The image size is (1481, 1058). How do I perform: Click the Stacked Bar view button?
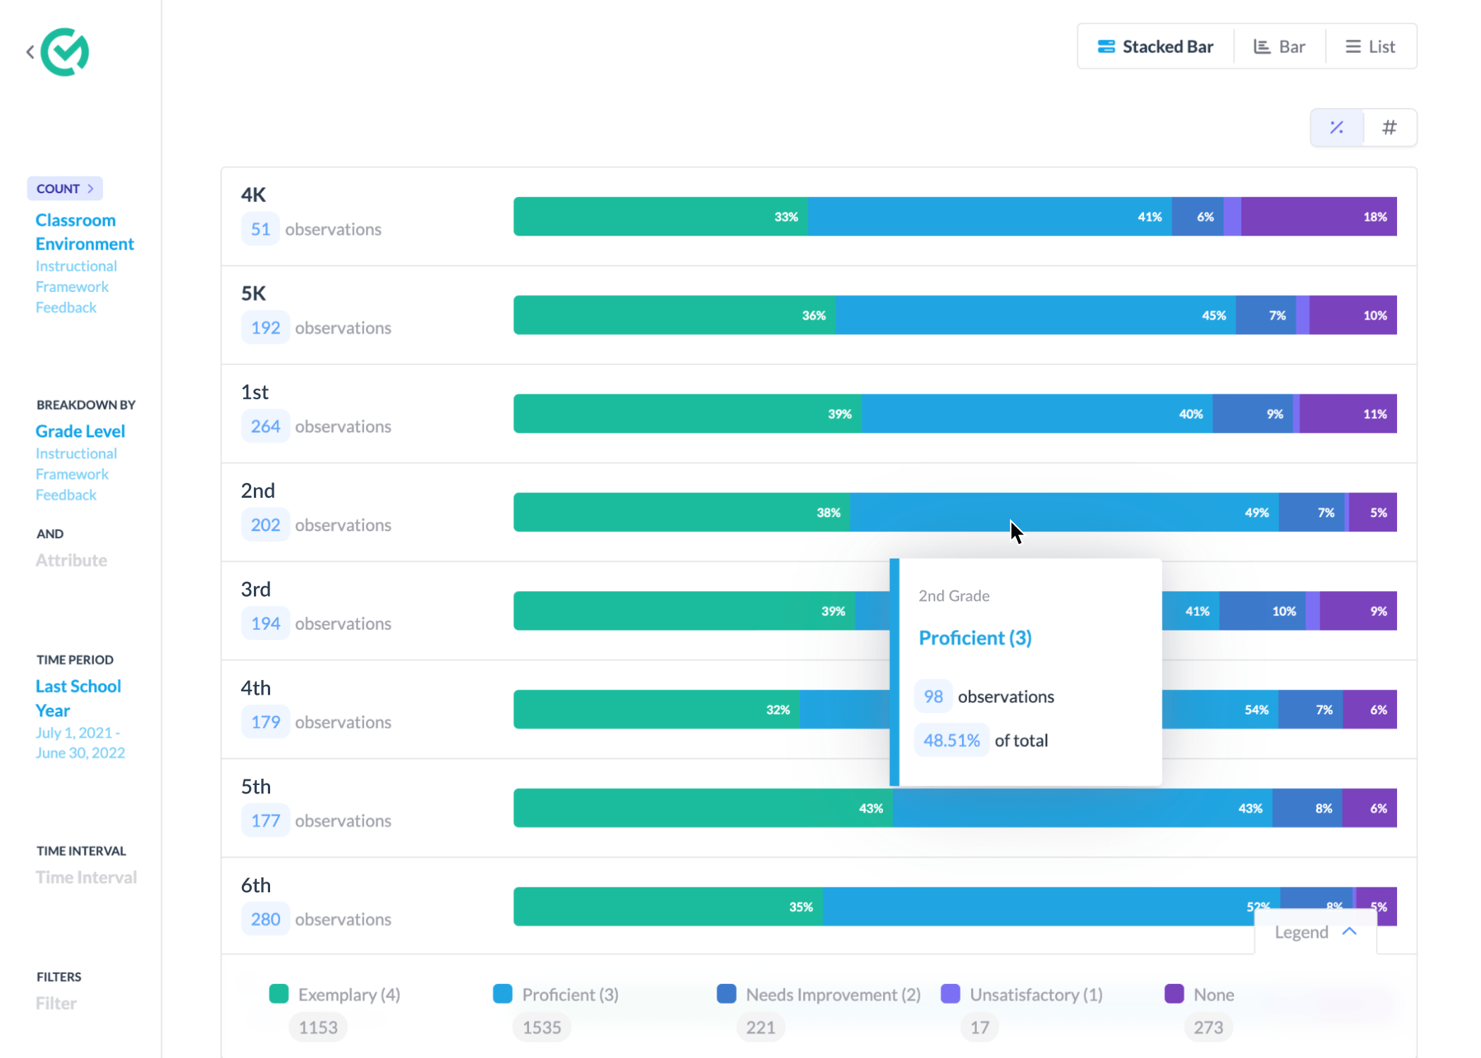point(1155,47)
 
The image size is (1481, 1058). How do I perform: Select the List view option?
point(1370,47)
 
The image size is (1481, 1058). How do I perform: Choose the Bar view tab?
point(1279,47)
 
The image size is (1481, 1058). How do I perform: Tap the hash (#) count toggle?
point(1389,128)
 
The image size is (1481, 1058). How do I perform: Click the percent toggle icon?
point(1336,128)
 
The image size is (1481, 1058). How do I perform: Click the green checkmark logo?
point(65,52)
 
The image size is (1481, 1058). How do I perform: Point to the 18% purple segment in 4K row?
point(1319,217)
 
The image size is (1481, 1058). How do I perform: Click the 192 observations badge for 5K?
point(265,328)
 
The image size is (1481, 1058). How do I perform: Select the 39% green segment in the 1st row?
point(688,414)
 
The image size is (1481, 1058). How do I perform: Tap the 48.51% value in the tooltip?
point(951,741)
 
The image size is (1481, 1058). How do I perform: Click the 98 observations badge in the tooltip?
point(933,697)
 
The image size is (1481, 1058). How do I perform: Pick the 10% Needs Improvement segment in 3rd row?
point(1262,612)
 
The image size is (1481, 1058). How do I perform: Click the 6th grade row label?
point(256,885)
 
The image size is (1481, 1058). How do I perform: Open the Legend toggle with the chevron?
point(1315,932)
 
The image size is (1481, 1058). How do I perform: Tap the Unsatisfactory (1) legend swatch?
point(951,994)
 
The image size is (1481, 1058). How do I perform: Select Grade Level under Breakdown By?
point(80,431)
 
